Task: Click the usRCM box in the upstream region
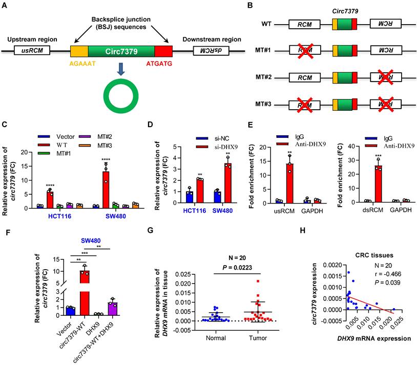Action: pos(28,51)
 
